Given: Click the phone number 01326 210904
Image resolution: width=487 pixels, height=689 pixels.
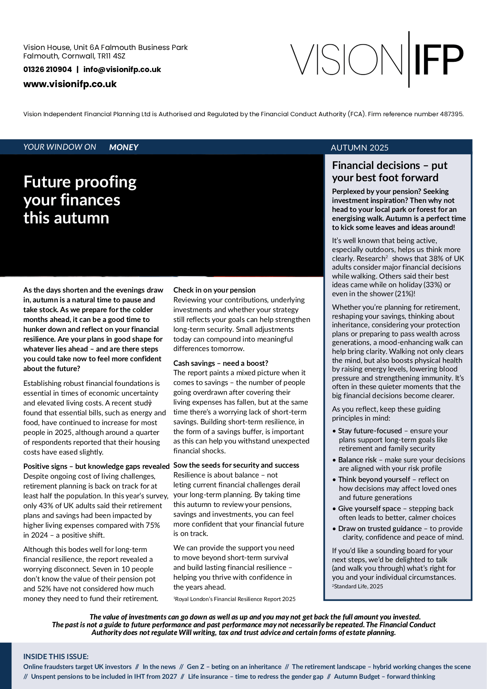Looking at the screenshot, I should pos(47,70).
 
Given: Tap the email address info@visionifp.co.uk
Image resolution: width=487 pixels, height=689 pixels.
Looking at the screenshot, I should pos(122,70).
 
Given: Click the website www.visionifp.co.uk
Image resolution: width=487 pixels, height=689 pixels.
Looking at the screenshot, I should pos(70,84).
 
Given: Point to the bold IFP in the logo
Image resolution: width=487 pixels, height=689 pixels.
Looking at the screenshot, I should pos(439,59).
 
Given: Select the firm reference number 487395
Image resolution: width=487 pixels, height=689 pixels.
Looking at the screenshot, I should pos(451,114).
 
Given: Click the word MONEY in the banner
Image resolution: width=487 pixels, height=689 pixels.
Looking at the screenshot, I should pos(123,147).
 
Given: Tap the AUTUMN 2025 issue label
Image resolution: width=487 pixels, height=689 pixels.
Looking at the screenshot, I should pos(359,148).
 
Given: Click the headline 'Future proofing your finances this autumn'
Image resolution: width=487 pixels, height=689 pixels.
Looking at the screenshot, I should pos(80,200).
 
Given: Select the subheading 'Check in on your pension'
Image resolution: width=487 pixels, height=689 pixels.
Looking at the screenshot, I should pos(214,290).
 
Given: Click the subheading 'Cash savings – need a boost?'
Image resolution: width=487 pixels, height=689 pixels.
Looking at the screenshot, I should pos(221,363).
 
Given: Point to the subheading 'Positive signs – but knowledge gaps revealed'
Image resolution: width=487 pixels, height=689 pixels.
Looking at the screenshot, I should pos(96,466).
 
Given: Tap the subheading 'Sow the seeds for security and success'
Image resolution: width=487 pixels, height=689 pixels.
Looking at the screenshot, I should pos(236,465).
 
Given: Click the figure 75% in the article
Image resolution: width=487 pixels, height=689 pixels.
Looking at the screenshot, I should pos(152,525).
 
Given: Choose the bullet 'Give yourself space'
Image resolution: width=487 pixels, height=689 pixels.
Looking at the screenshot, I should pos(369,509).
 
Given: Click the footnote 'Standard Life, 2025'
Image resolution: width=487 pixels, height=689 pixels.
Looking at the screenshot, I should pos(358,586).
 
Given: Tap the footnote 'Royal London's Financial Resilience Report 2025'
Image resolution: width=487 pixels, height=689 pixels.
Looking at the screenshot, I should pos(235,599).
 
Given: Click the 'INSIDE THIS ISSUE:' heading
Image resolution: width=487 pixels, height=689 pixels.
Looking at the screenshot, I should pos(56,657).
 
